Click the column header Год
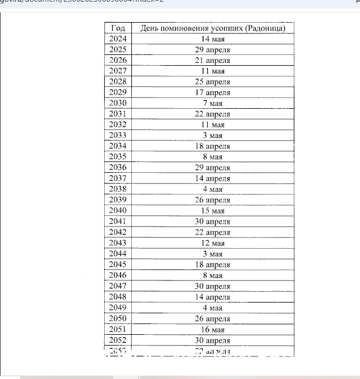[118, 28]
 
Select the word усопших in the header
[225, 28]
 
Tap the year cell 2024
[118, 39]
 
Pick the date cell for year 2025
[213, 49]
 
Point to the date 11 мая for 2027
[213, 71]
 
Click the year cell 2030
[118, 103]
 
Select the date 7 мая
[213, 103]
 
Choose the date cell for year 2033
[213, 135]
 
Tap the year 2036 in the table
[118, 168]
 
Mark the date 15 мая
[213, 211]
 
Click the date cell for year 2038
[213, 189]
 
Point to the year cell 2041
[118, 222]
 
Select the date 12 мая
[213, 243]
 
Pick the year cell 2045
[118, 265]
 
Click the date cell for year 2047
[213, 286]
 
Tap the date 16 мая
[213, 329]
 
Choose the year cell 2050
[118, 318]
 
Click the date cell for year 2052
[213, 340]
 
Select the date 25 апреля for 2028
[213, 82]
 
